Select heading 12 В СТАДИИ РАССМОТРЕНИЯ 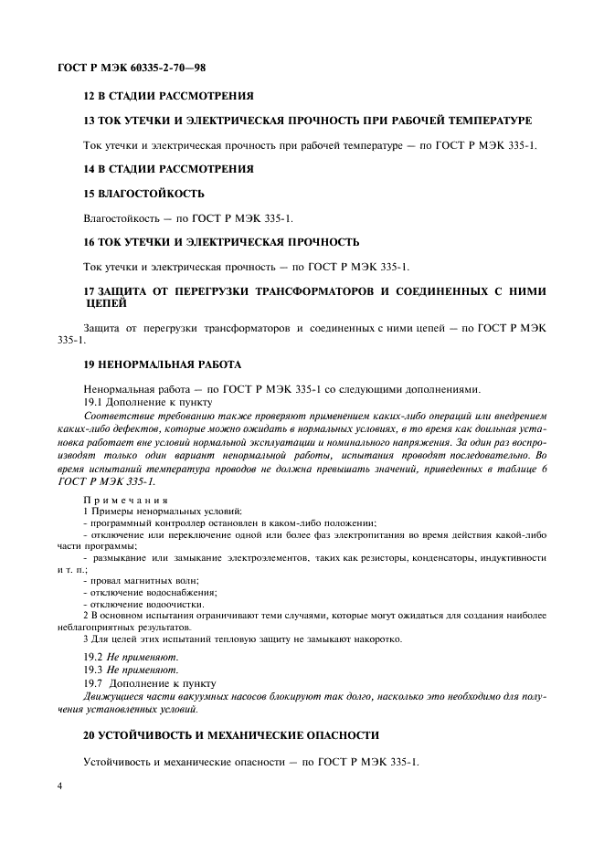[x=168, y=96]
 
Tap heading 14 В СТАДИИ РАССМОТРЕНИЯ [x=168, y=169]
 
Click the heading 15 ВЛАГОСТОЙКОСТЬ [x=143, y=194]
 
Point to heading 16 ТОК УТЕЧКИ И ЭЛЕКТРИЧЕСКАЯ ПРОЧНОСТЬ [x=220, y=242]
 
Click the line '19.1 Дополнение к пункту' [x=147, y=402]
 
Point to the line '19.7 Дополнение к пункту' [x=149, y=682]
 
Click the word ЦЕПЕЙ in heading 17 [x=106, y=303]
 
